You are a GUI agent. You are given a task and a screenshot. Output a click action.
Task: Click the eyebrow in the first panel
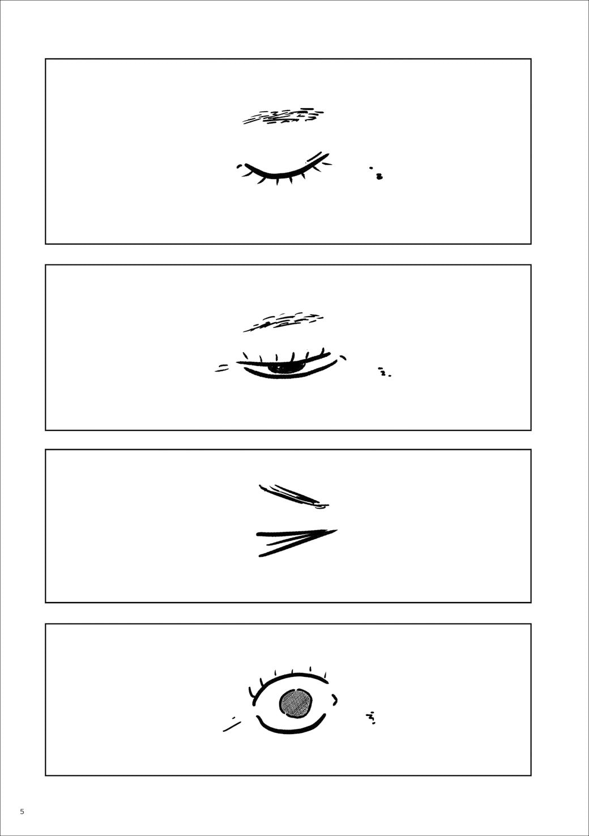284,116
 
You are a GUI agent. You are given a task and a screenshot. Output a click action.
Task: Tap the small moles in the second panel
384,372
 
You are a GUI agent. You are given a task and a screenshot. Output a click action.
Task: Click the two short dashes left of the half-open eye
221,368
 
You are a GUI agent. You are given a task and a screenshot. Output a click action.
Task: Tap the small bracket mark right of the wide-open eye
335,699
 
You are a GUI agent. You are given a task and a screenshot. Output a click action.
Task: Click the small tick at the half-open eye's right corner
343,357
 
